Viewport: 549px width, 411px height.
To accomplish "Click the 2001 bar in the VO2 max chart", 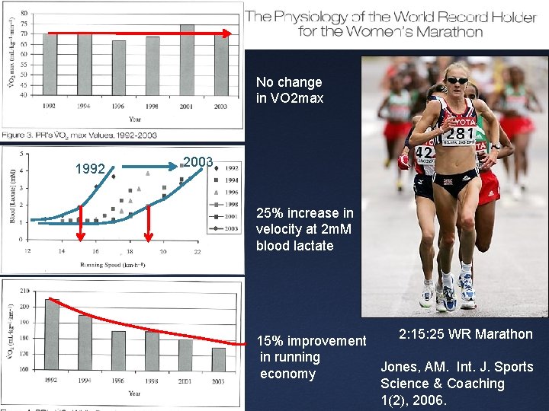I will coord(187,60).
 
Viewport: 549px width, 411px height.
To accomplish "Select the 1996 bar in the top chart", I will coord(119,68).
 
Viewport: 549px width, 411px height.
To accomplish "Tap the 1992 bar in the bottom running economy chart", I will coord(52,334).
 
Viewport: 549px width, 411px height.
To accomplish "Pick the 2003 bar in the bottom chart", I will coord(219,359).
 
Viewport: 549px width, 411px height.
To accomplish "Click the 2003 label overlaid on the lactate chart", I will coord(198,161).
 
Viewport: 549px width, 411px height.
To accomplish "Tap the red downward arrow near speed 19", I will coord(149,221).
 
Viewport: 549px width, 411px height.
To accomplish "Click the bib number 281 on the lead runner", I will coord(460,134).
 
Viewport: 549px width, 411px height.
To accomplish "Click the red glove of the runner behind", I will coord(402,161).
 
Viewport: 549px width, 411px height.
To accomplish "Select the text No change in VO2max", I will coord(289,90).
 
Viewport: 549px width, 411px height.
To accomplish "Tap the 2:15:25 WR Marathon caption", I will coord(465,334).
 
